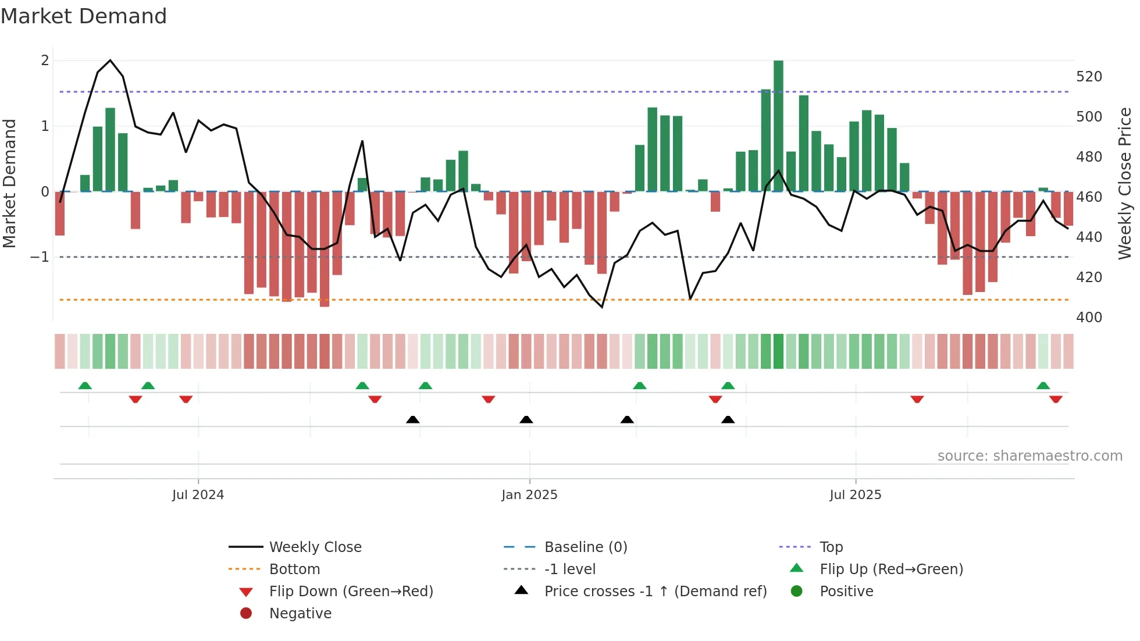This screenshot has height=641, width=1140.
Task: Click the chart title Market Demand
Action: [x=84, y=16]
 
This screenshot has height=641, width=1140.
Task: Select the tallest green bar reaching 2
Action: [x=778, y=125]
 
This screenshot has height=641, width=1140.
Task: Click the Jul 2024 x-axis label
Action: [x=198, y=495]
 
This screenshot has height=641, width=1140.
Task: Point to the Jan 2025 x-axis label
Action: [x=529, y=495]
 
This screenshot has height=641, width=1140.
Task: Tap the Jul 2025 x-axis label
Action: [x=855, y=495]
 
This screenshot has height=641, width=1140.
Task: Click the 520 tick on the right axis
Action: [x=1089, y=77]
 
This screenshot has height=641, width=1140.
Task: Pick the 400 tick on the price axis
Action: [x=1089, y=318]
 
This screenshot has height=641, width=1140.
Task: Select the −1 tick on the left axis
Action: [x=40, y=257]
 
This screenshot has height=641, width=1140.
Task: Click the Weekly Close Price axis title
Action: [x=1125, y=183]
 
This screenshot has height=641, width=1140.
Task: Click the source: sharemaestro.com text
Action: [x=1029, y=456]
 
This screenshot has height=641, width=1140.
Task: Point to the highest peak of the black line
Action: [x=110, y=60]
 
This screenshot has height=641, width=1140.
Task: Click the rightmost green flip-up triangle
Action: [x=1043, y=386]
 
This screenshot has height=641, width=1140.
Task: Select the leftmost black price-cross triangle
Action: [x=412, y=419]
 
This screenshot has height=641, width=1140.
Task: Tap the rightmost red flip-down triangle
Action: [x=1056, y=399]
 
